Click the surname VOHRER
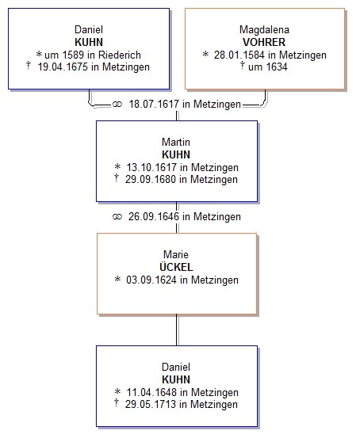click(x=264, y=42)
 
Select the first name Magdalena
click(x=264, y=29)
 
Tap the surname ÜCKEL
click(x=176, y=267)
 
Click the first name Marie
click(x=176, y=254)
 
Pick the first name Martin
click(x=176, y=142)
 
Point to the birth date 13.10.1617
click(x=151, y=167)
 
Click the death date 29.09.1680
click(x=151, y=179)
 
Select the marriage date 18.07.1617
click(x=154, y=104)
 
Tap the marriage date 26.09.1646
click(x=154, y=216)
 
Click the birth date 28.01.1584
click(x=239, y=55)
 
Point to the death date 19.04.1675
click(x=63, y=67)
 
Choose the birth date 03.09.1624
click(x=151, y=280)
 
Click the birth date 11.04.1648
click(x=151, y=392)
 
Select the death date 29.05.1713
click(x=151, y=404)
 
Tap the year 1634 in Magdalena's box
click(x=277, y=67)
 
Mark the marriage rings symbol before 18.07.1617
click(x=117, y=105)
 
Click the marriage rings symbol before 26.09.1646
click(x=117, y=217)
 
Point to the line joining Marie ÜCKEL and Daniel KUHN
click(x=177, y=330)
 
